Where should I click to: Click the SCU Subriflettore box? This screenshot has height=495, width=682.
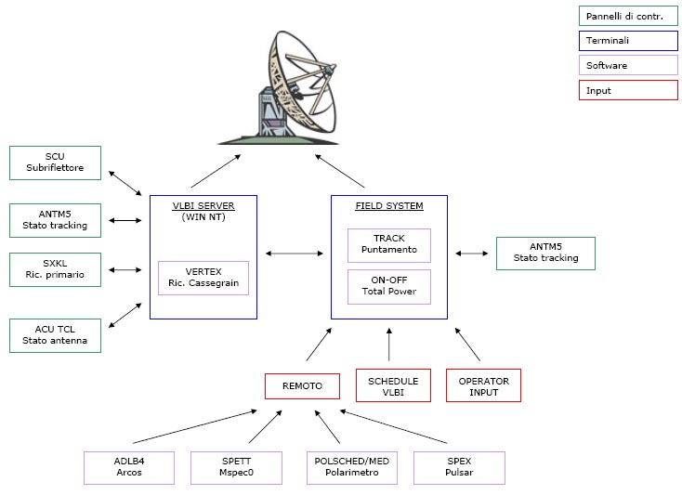click(55, 163)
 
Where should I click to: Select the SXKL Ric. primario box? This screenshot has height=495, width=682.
click(55, 269)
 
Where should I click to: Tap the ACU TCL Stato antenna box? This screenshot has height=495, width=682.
click(55, 335)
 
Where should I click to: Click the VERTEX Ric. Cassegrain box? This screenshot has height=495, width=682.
click(203, 277)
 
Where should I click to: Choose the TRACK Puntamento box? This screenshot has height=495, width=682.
click(389, 244)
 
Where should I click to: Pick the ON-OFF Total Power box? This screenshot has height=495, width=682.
click(389, 286)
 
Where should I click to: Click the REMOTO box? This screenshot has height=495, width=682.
click(302, 385)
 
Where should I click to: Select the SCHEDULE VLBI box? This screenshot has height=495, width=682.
click(393, 385)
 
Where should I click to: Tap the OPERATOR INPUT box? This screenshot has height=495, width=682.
click(483, 385)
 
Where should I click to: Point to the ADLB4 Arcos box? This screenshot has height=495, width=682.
click(130, 467)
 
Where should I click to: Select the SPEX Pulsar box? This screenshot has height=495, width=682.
click(459, 467)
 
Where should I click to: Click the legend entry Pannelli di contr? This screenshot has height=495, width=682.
click(625, 16)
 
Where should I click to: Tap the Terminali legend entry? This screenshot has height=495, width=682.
click(625, 41)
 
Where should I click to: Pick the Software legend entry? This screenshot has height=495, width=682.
click(625, 66)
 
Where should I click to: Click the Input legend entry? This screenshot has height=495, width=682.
click(625, 91)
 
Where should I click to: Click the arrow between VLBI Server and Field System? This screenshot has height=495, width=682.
click(294, 252)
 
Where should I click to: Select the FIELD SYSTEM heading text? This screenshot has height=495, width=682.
click(389, 205)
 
